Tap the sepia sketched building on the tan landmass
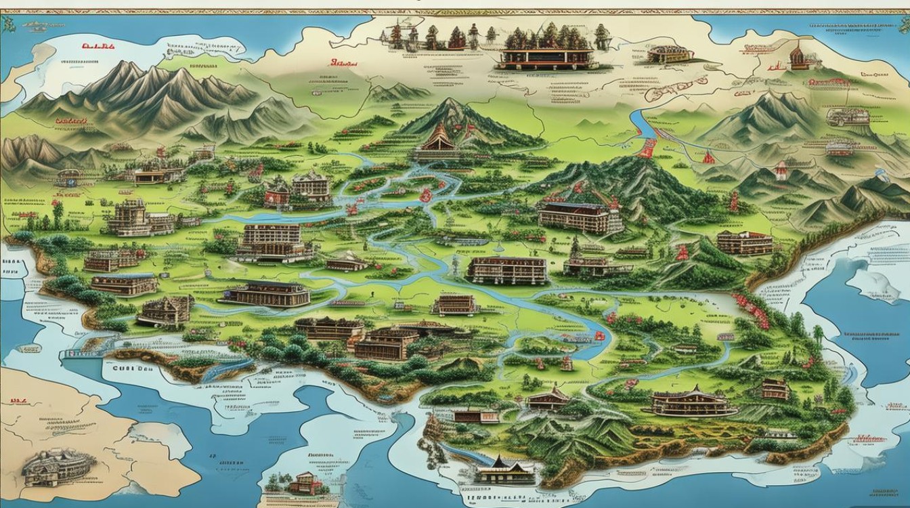[58, 467]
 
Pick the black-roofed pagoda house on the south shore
[504, 469]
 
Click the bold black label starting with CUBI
[127, 370]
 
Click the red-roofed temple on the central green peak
[435, 140]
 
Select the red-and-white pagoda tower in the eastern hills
[781, 170]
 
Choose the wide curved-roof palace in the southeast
[693, 403]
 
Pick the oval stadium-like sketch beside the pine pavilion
[668, 54]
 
